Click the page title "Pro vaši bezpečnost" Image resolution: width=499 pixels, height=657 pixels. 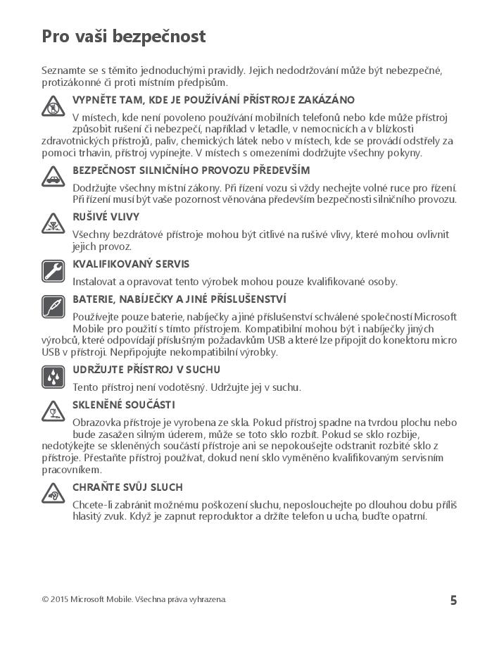click(x=123, y=37)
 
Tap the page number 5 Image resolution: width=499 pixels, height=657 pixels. click(x=453, y=600)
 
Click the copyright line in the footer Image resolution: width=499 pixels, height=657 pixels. click(x=134, y=599)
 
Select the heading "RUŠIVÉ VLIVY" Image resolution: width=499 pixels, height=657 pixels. click(x=106, y=217)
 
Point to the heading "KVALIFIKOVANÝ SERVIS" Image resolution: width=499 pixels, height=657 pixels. click(x=131, y=264)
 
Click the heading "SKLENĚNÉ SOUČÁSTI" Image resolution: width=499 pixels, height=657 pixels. click(x=124, y=405)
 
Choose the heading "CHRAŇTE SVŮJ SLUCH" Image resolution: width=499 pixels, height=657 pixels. click(x=127, y=487)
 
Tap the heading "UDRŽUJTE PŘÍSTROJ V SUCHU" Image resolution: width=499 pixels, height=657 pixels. click(x=146, y=369)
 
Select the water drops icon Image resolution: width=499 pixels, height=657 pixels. click(x=53, y=377)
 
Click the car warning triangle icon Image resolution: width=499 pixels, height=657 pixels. click(x=53, y=177)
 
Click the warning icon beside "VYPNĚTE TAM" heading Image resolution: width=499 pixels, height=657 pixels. click(x=53, y=107)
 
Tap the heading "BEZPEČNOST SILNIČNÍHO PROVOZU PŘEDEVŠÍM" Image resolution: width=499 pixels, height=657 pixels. click(x=191, y=170)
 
